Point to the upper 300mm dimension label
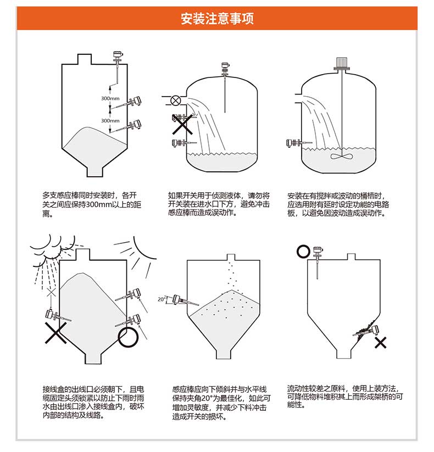click(x=110, y=98)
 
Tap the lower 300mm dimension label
click(x=110, y=120)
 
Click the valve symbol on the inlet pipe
click(x=176, y=100)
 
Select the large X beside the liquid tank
click(x=183, y=124)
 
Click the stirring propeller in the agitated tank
click(x=341, y=155)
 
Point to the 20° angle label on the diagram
click(x=161, y=299)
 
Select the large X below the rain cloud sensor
click(x=56, y=333)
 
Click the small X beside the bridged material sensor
click(x=380, y=343)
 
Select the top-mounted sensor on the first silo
click(x=117, y=56)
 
